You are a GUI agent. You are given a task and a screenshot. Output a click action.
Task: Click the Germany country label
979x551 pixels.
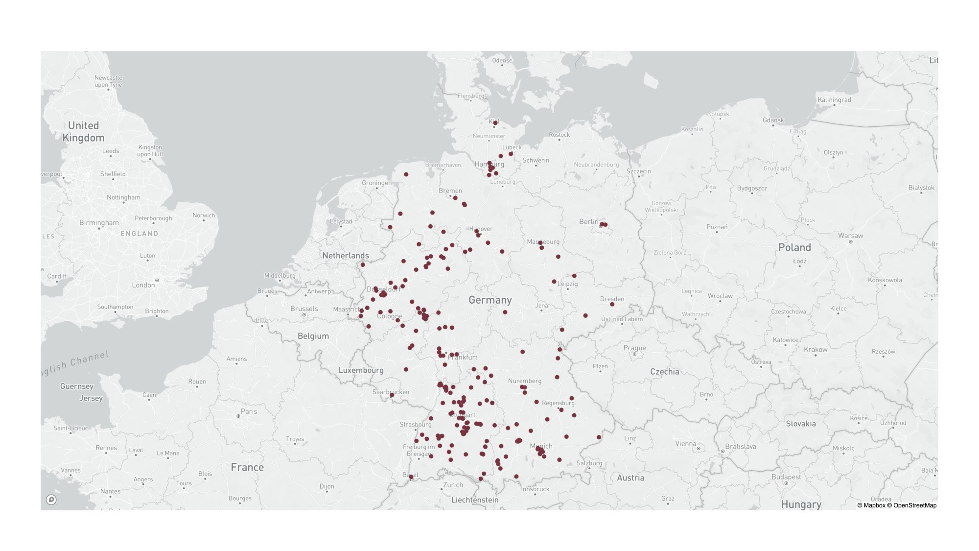pyautogui.click(x=490, y=300)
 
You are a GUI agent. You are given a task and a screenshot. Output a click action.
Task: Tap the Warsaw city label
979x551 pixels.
pyautogui.click(x=850, y=236)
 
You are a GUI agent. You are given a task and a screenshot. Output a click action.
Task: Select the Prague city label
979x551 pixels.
pyautogui.click(x=634, y=348)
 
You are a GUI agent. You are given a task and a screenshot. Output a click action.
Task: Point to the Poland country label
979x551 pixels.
pyautogui.click(x=794, y=247)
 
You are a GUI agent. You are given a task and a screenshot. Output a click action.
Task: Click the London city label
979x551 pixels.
pyautogui.click(x=143, y=285)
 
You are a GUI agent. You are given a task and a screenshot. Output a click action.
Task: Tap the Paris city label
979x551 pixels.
pyautogui.click(x=249, y=411)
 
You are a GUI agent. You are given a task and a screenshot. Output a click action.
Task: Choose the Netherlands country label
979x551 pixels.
pyautogui.click(x=346, y=255)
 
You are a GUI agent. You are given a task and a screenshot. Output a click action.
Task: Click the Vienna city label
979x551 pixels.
pyautogui.click(x=685, y=444)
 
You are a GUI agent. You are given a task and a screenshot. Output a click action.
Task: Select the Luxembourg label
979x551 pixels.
pyautogui.click(x=361, y=370)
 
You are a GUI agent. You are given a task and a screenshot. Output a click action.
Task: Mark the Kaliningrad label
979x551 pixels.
pyautogui.click(x=834, y=99)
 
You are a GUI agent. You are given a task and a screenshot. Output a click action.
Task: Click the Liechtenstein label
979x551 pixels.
pyautogui.click(x=474, y=500)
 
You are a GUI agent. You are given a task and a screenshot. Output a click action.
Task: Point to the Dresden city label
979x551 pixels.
pyautogui.click(x=612, y=299)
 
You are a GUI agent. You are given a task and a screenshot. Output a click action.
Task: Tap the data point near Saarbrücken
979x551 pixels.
pyautogui.click(x=392, y=395)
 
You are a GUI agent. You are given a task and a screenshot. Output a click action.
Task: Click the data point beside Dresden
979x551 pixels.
pyautogui.click(x=612, y=304)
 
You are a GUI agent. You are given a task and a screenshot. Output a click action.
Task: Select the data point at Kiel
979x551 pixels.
pyautogui.click(x=495, y=123)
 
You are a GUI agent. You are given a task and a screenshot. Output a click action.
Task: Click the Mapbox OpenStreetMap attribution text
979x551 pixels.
pyautogui.click(x=896, y=505)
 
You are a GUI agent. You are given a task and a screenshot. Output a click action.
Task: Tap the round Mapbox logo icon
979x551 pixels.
pyautogui.click(x=51, y=500)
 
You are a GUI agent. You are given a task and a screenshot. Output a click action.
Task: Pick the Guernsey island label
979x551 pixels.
pyautogui.click(x=76, y=386)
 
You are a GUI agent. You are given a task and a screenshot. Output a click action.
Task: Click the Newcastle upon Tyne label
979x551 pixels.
pyautogui.click(x=108, y=81)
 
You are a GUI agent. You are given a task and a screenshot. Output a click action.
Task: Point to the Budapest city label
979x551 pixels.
pyautogui.click(x=786, y=477)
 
